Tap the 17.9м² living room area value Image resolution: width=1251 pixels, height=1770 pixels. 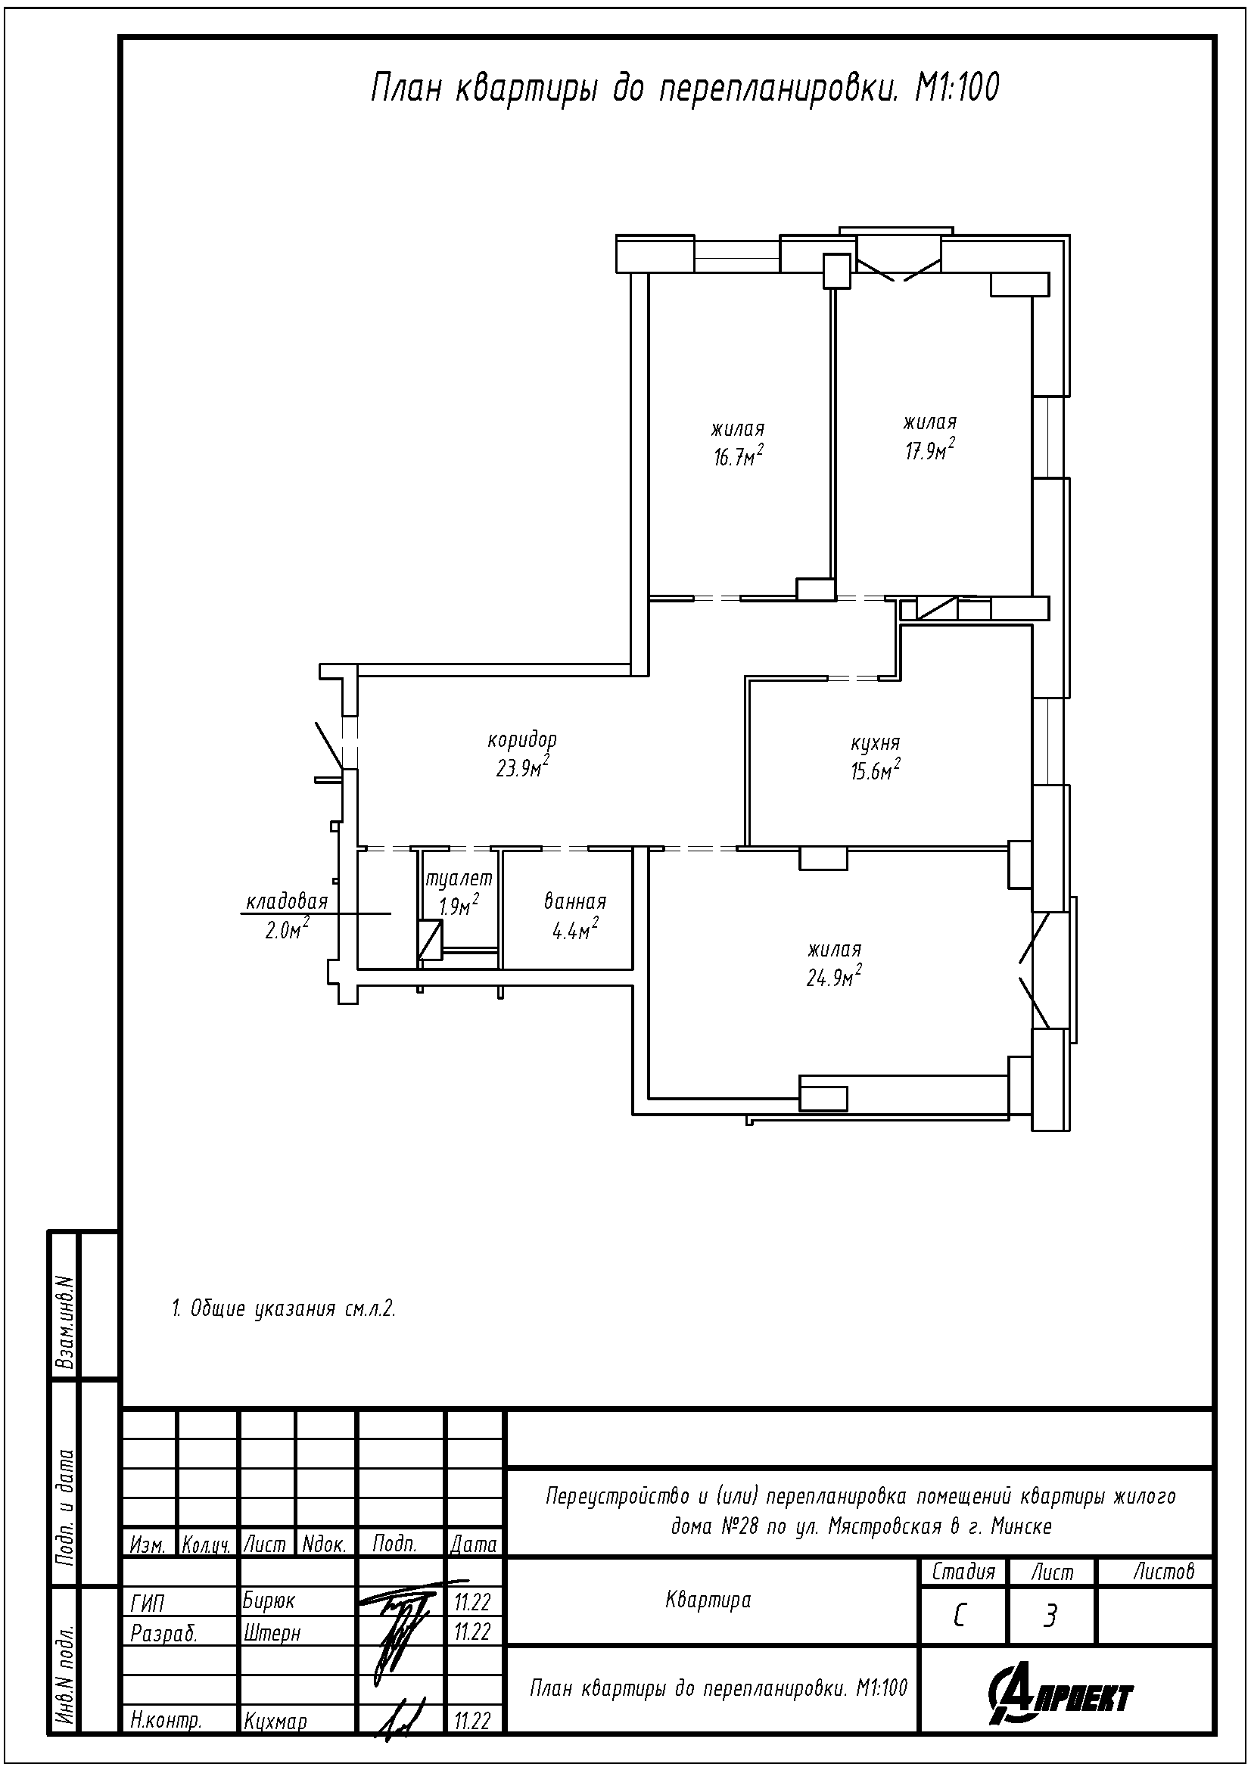[930, 449]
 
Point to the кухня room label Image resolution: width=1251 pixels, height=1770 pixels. [875, 744]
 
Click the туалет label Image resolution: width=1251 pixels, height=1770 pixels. [459, 878]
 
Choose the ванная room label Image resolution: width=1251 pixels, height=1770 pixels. [575, 901]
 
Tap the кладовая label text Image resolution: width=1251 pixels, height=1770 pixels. [287, 901]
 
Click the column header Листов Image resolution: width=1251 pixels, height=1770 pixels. [1163, 1571]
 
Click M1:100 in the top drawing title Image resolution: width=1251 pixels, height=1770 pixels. [957, 88]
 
